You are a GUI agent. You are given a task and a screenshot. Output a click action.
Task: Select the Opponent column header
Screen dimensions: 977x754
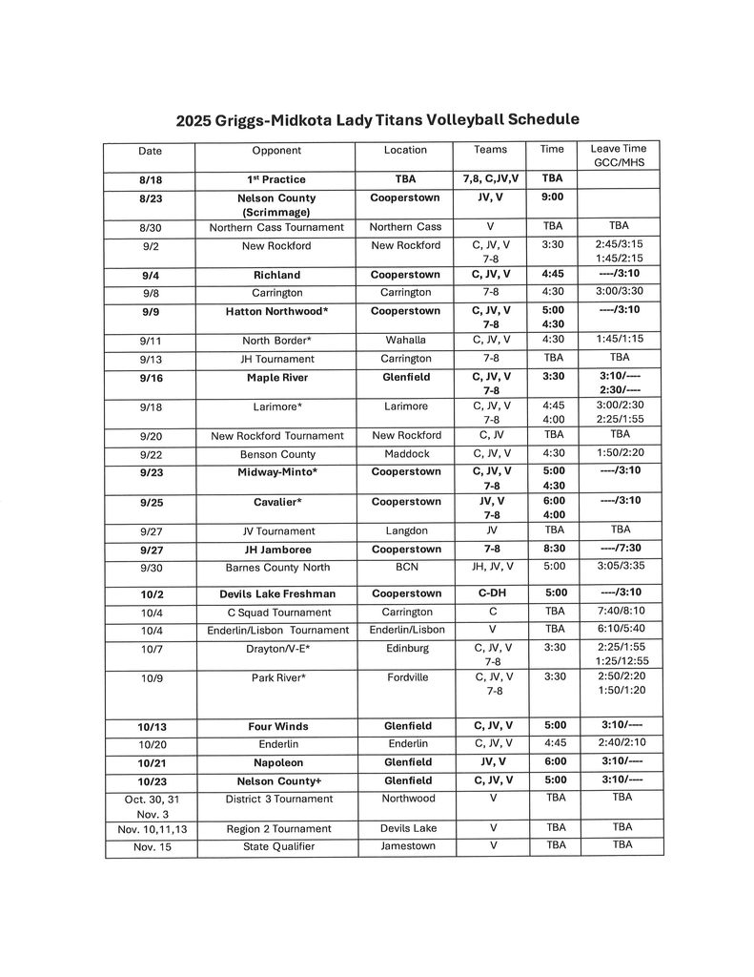[x=276, y=151]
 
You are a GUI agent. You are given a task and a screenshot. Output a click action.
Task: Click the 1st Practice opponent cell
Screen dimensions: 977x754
[x=276, y=179]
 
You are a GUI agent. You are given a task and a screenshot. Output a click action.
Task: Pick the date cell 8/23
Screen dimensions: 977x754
[x=150, y=198]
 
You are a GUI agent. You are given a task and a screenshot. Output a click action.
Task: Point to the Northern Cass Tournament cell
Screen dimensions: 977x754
[x=276, y=227]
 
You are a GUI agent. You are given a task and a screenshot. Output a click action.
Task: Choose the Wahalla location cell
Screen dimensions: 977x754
[x=406, y=340]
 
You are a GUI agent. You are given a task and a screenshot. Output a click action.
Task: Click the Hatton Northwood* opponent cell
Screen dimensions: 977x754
[x=276, y=311]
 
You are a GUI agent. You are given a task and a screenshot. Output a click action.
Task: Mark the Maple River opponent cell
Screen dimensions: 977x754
[x=276, y=378]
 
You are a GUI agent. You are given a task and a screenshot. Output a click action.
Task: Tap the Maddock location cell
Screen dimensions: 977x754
[x=406, y=454]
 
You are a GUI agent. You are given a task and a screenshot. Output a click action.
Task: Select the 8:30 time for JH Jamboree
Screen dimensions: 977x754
[x=553, y=550]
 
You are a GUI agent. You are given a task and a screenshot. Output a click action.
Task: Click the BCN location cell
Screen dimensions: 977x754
[x=406, y=567]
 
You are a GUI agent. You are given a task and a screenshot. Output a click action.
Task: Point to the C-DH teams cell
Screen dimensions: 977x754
[x=490, y=593]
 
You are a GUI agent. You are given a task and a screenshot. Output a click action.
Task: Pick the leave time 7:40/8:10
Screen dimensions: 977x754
[x=620, y=612]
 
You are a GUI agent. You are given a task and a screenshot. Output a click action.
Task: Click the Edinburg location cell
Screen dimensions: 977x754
[x=406, y=649]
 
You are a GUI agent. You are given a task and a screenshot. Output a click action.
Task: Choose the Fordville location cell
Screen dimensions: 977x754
[x=406, y=678]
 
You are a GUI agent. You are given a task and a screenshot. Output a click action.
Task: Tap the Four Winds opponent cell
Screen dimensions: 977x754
[x=276, y=726]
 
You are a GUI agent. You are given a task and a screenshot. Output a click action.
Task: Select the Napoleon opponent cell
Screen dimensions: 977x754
[x=276, y=762]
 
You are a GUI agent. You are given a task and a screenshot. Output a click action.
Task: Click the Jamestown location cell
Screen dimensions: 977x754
[x=406, y=846]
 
